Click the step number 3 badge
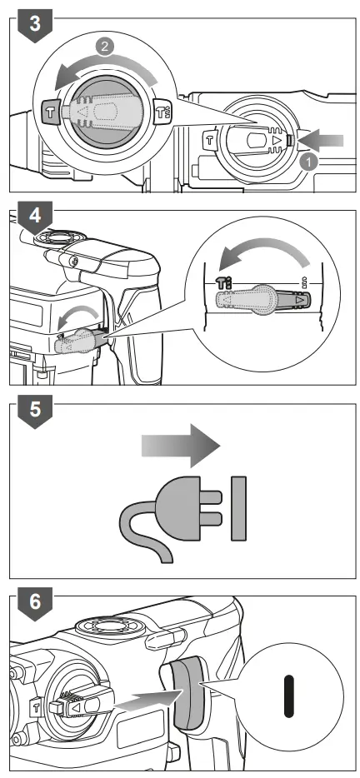(x=33, y=22)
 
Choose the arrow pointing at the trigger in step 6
(x=142, y=692)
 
